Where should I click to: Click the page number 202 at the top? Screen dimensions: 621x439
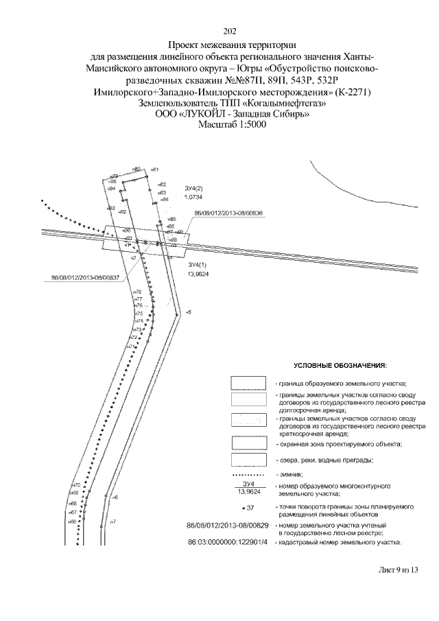click(x=230, y=30)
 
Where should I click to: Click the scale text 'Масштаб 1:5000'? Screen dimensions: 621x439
click(x=230, y=125)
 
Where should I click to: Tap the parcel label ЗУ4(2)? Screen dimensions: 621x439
click(x=194, y=188)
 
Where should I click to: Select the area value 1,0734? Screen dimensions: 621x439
click(x=194, y=197)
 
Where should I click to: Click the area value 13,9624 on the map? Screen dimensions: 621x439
click(x=198, y=274)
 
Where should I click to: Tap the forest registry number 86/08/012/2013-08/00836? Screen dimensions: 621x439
click(x=229, y=213)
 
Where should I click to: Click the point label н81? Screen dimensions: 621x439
click(x=155, y=169)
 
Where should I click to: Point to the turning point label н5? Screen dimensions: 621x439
click(x=188, y=312)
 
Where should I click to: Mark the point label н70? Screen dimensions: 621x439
click(x=75, y=486)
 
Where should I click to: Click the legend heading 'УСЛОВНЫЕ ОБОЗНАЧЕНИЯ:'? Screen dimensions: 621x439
click(x=340, y=364)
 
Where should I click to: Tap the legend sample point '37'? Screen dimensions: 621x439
click(x=248, y=508)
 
